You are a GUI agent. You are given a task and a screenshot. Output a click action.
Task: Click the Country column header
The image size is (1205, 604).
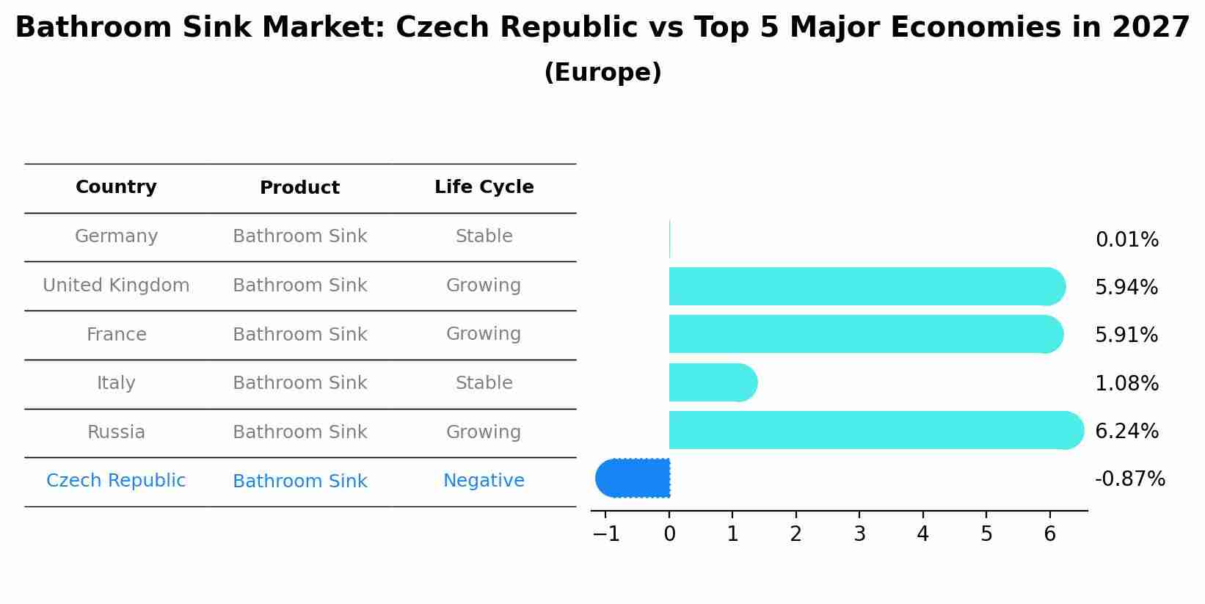(116, 187)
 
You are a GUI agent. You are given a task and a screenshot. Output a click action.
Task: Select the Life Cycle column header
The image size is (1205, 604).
(484, 187)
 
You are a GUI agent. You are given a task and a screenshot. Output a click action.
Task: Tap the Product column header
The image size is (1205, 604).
(299, 188)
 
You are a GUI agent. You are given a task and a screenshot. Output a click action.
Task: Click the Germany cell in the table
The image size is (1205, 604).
(116, 236)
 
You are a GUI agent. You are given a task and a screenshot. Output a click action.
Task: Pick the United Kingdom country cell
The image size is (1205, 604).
(116, 285)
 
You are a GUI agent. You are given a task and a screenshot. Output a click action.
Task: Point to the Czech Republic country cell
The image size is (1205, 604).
(116, 481)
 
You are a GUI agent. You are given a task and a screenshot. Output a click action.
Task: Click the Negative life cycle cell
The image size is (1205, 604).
(484, 481)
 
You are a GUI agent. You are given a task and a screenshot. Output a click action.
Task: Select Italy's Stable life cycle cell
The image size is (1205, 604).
(484, 383)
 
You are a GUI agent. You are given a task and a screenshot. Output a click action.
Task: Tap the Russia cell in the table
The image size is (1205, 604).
(116, 432)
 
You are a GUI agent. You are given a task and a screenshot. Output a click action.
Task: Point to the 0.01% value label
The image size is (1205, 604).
(1126, 240)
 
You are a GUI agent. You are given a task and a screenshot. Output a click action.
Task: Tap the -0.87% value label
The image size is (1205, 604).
(1129, 479)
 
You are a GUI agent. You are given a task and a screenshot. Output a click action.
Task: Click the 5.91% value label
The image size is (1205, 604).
(1126, 335)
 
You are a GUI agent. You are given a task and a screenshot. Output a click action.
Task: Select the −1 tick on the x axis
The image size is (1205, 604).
(606, 534)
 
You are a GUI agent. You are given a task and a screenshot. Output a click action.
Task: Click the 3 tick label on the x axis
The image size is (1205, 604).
(859, 534)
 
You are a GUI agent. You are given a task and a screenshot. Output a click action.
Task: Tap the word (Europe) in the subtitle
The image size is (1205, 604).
(602, 73)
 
